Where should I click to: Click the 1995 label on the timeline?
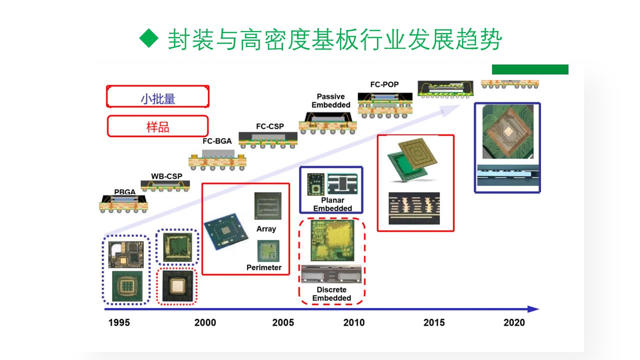click(x=119, y=322)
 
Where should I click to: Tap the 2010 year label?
click(x=354, y=322)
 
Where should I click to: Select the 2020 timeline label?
click(x=514, y=322)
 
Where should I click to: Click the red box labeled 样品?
click(x=157, y=126)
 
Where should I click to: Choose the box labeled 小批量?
click(x=157, y=96)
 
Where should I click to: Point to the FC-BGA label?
click(x=217, y=141)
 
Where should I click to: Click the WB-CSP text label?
click(x=166, y=176)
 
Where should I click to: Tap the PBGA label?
click(x=125, y=192)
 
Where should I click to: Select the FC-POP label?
click(x=384, y=84)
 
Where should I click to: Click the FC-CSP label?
click(x=270, y=126)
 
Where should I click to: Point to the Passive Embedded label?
click(x=331, y=100)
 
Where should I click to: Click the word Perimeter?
click(x=264, y=267)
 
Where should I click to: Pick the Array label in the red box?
click(x=266, y=229)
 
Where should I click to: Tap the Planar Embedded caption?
click(x=332, y=204)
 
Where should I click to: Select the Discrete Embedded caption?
click(x=331, y=293)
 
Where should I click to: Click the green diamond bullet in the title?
click(x=149, y=38)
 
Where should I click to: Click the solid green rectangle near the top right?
click(x=530, y=69)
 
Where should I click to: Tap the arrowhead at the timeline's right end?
click(x=533, y=309)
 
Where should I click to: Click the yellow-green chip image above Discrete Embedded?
click(x=332, y=240)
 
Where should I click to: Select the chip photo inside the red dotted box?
click(x=177, y=286)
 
